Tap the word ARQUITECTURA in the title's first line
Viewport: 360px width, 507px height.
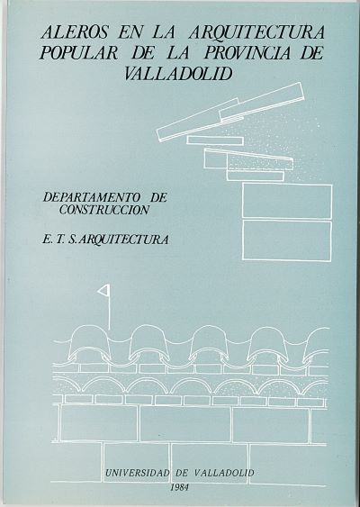(x=256, y=33)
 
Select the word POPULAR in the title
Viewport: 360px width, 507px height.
(x=78, y=53)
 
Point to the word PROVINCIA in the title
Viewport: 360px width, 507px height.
(x=247, y=53)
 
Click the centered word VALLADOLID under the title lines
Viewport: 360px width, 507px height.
(x=178, y=74)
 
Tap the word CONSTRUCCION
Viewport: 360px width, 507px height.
(x=104, y=210)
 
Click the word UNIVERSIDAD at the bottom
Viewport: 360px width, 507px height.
(x=138, y=473)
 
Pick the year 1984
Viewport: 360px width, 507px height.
(x=181, y=487)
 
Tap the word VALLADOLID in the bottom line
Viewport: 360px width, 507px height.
(x=225, y=473)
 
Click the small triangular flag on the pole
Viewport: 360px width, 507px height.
(x=104, y=291)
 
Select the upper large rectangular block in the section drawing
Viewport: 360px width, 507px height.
(x=287, y=201)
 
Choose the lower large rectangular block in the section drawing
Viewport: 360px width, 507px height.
(x=287, y=240)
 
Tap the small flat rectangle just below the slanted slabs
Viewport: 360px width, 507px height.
(x=215, y=140)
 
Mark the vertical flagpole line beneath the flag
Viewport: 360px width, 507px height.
(x=110, y=312)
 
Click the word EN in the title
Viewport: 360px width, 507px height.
(x=128, y=33)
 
